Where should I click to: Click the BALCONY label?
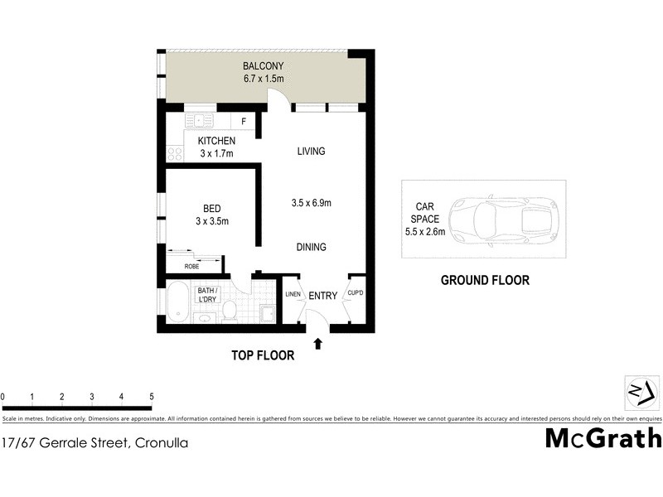click(x=264, y=65)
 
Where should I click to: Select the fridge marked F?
click(x=243, y=122)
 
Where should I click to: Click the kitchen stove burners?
click(x=175, y=153)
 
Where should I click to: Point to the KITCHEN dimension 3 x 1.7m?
click(x=216, y=153)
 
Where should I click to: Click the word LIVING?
click(x=311, y=152)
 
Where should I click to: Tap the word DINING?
click(x=312, y=247)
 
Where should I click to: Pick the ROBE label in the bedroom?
click(x=191, y=267)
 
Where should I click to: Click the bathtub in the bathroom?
click(x=178, y=303)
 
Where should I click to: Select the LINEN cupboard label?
click(x=293, y=295)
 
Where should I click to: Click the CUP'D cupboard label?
click(x=356, y=294)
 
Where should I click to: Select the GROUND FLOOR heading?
click(x=485, y=281)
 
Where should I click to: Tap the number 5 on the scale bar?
click(x=152, y=397)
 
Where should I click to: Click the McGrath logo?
click(x=603, y=438)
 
